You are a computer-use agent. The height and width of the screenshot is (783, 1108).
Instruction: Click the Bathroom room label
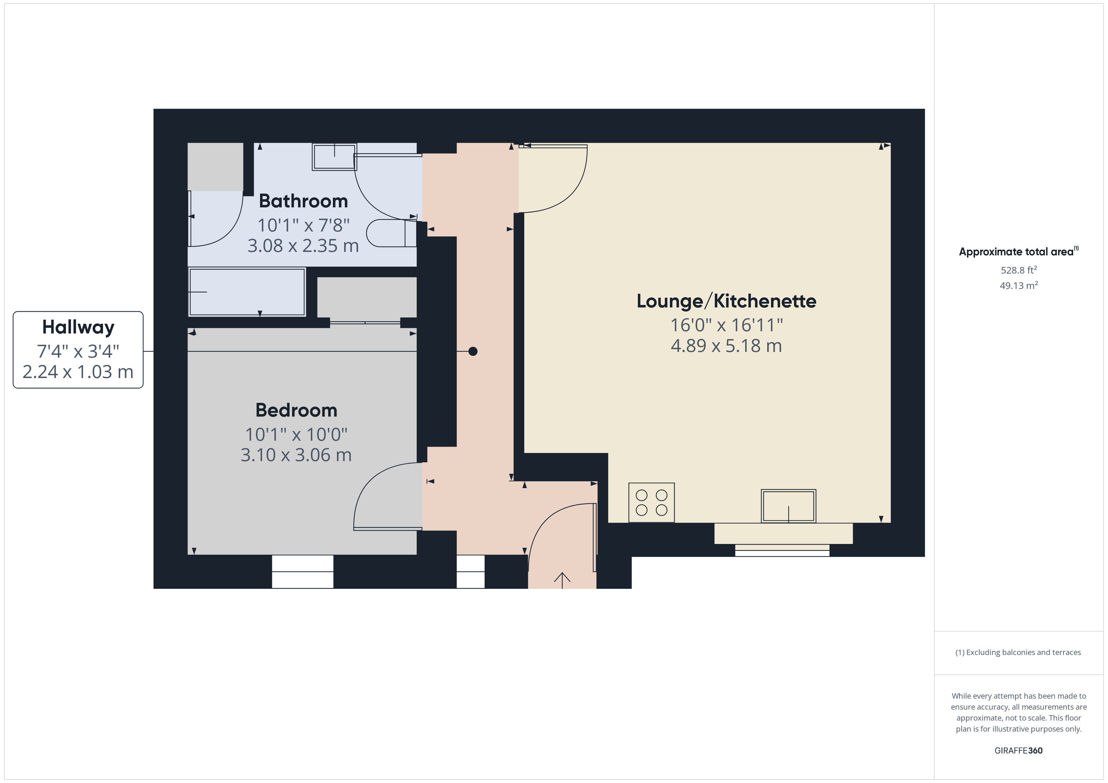point(303,201)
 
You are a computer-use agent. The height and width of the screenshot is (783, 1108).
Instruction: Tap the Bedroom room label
point(296,410)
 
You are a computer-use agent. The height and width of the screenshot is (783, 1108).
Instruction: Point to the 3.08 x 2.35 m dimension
point(303,246)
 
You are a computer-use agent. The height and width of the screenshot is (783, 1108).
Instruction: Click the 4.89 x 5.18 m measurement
point(726,346)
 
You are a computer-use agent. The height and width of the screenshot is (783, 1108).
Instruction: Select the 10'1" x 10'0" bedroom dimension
point(296,434)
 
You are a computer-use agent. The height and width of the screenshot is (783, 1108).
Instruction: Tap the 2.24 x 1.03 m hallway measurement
point(78,372)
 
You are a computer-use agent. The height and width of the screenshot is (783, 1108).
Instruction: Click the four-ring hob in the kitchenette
point(651,502)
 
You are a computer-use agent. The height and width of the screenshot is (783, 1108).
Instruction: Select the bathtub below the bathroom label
point(247,292)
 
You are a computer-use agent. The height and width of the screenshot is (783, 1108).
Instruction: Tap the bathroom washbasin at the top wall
point(334,157)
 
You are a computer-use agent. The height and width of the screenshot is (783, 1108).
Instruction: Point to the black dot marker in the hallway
point(473,351)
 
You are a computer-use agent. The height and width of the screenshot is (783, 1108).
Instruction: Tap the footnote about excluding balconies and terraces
point(1018,652)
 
